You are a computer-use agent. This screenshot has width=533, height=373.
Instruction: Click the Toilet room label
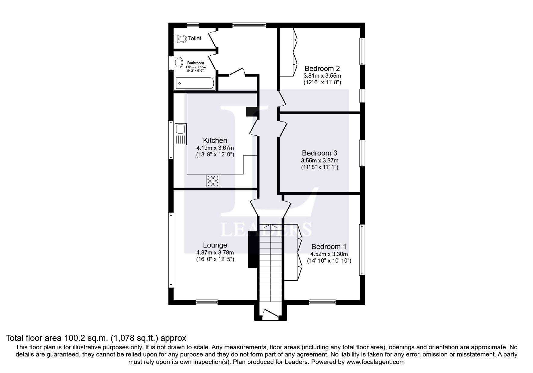click(195, 39)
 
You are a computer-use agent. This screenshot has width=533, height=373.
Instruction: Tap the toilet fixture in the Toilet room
click(180, 39)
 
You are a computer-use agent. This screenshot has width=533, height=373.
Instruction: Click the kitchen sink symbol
click(181, 134)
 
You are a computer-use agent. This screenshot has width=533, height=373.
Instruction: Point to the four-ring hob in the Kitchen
click(213, 181)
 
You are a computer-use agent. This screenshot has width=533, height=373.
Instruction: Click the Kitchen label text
click(215, 140)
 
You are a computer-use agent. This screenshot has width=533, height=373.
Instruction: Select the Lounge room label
click(215, 245)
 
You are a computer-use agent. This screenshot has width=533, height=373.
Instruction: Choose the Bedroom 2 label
click(322, 68)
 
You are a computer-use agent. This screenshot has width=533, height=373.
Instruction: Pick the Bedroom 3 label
click(320, 153)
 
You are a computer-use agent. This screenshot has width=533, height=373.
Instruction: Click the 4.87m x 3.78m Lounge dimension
click(215, 253)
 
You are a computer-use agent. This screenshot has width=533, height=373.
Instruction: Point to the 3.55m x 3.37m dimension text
click(320, 161)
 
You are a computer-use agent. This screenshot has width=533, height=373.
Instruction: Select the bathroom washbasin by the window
click(178, 63)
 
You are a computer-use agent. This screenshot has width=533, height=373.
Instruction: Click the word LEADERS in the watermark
click(266, 230)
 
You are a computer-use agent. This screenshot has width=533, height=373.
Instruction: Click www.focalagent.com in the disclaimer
click(375, 362)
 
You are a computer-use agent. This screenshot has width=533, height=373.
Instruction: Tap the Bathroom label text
click(196, 63)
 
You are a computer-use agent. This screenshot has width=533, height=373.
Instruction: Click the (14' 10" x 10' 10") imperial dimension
click(329, 261)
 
